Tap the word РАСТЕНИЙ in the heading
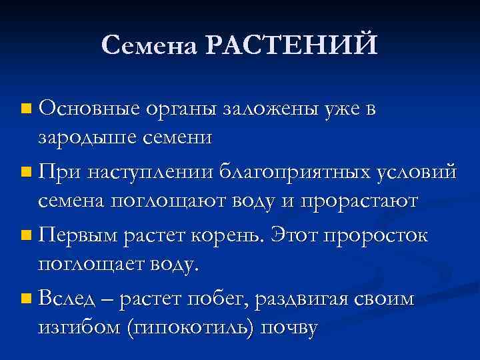coord(291,45)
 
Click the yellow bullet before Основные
coord(25,108)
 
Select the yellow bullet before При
coord(25,172)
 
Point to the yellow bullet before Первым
coord(25,236)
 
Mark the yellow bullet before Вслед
coord(25,300)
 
